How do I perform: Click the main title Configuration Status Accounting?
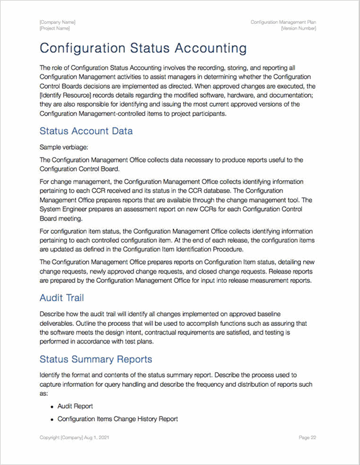[142, 49]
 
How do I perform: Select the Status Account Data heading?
[86, 131]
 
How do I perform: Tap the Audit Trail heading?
[61, 297]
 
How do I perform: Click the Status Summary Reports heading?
[95, 359]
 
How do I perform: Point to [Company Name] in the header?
[57, 22]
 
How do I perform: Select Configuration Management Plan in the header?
[283, 22]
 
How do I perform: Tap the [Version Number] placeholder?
[298, 28]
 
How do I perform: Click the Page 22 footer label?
[307, 437]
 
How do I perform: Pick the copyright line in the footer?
[79, 437]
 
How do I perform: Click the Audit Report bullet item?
[75, 407]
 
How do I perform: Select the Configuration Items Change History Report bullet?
[117, 419]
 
